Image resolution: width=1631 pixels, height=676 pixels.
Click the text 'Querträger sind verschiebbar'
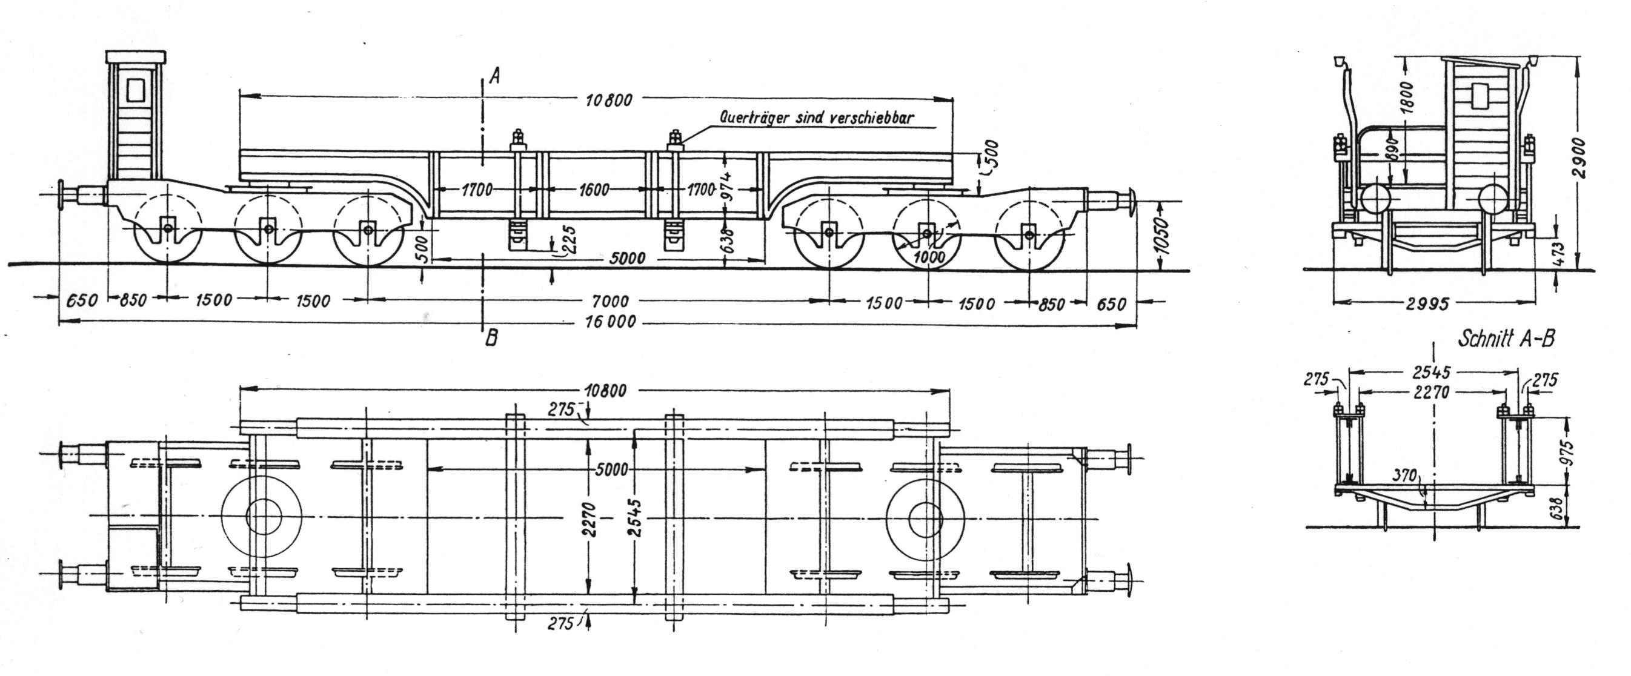tap(817, 118)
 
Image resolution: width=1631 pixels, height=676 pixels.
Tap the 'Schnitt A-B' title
tap(1506, 339)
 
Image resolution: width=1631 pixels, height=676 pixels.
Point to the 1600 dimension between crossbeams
tap(593, 189)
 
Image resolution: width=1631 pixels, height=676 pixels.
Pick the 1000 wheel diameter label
tap(929, 256)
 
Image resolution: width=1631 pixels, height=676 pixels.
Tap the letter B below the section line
tap(491, 339)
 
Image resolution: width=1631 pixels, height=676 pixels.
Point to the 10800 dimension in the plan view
tap(605, 390)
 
